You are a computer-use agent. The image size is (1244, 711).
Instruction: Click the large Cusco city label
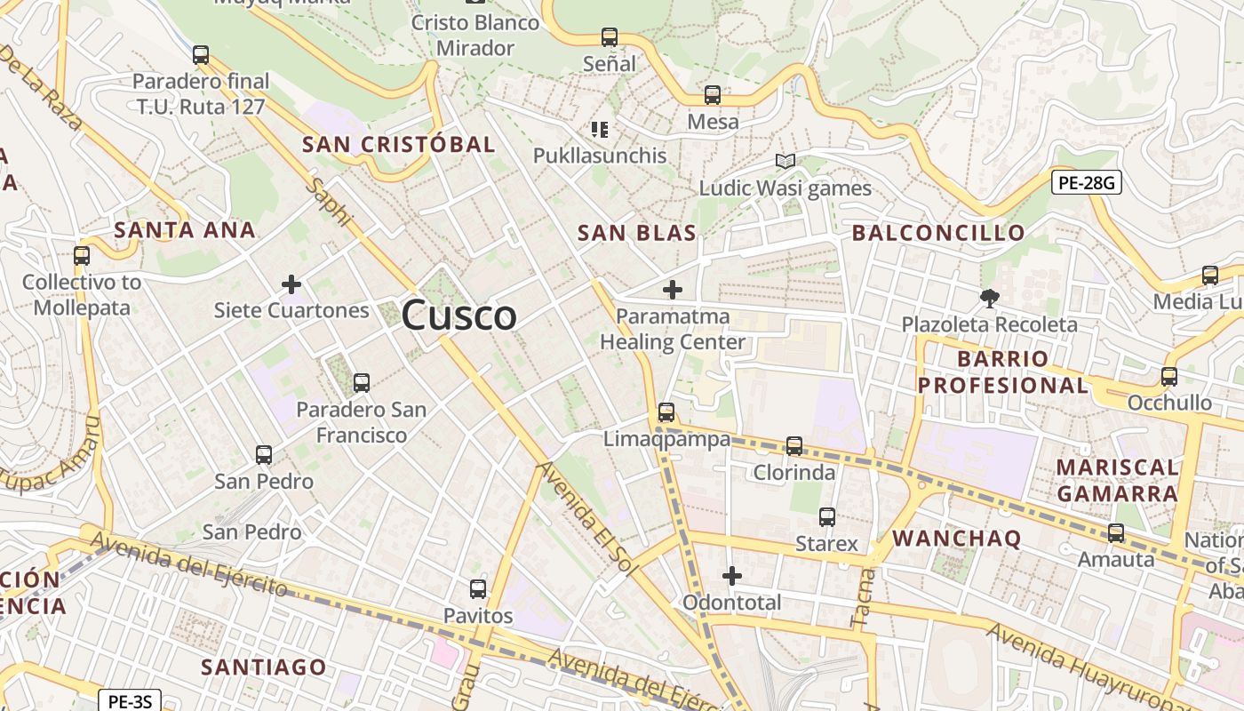click(x=459, y=316)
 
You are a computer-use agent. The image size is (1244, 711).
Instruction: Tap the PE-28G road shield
click(x=1086, y=183)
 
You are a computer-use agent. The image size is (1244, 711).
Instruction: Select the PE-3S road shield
click(x=130, y=701)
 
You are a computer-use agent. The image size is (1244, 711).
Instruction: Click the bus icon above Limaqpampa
click(x=666, y=412)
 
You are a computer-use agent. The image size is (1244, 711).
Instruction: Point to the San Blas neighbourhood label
click(x=636, y=233)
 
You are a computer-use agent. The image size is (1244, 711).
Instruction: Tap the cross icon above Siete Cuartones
click(x=291, y=285)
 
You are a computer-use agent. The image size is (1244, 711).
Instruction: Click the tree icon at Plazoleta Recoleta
click(x=988, y=299)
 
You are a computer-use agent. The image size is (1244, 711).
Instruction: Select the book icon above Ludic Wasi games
click(x=785, y=162)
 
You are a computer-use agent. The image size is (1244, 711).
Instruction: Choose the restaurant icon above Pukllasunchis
click(x=600, y=130)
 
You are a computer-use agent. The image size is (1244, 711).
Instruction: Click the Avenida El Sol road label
click(x=588, y=520)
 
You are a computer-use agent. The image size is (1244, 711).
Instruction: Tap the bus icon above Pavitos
click(x=478, y=588)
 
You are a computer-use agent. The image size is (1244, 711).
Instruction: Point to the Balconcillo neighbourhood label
click(x=938, y=233)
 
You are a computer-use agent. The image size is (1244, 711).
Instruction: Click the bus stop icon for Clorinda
click(x=794, y=446)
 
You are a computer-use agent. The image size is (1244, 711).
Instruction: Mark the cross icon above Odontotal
click(x=732, y=576)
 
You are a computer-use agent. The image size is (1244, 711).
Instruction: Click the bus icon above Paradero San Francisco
click(x=361, y=383)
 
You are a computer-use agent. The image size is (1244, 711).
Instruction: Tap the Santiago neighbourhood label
click(x=264, y=667)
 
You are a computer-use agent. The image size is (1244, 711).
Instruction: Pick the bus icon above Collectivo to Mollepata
click(x=82, y=256)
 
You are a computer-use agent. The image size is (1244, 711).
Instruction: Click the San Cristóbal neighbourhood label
click(x=398, y=144)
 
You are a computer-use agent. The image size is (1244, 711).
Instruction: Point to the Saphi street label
click(x=329, y=202)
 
